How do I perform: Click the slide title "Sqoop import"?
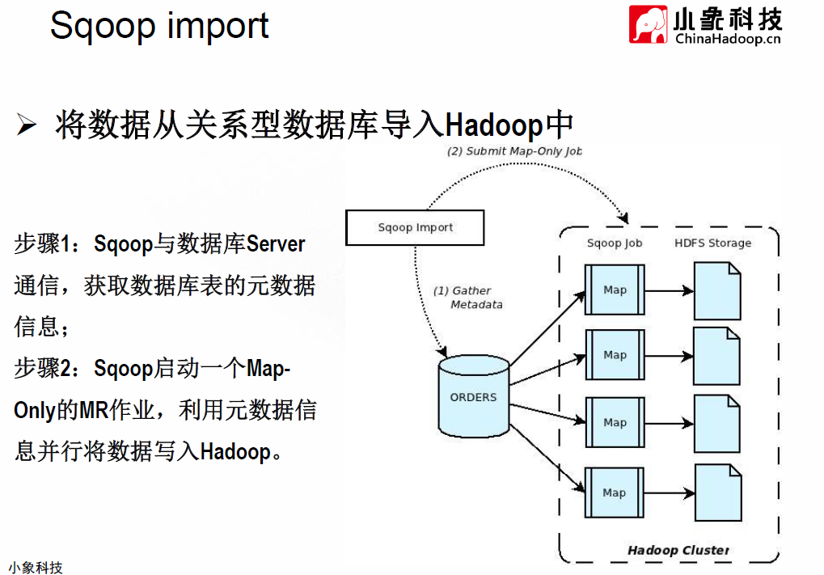pyautogui.click(x=159, y=26)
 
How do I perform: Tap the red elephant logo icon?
pyautogui.click(x=648, y=24)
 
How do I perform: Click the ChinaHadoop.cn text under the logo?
pyautogui.click(x=728, y=39)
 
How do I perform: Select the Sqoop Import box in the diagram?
pyautogui.click(x=415, y=227)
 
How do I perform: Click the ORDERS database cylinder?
pyautogui.click(x=474, y=396)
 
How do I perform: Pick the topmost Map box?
pyautogui.click(x=615, y=290)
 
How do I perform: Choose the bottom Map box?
pyautogui.click(x=614, y=493)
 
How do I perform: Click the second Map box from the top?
pyautogui.click(x=615, y=355)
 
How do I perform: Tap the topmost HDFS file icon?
pyautogui.click(x=717, y=291)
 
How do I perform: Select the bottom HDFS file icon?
pyautogui.click(x=718, y=493)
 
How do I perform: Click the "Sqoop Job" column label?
pyautogui.click(x=615, y=243)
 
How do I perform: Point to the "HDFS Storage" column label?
pyautogui.click(x=712, y=243)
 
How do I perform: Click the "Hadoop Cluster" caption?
pyautogui.click(x=678, y=550)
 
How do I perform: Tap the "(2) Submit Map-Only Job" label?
pyautogui.click(x=514, y=151)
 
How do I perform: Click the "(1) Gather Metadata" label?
pyautogui.click(x=467, y=298)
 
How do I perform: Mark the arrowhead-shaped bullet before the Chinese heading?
pyautogui.click(x=26, y=125)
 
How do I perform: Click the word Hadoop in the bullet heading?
pyautogui.click(x=495, y=125)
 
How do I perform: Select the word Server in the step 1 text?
pyautogui.click(x=276, y=244)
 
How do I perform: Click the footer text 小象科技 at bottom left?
pyautogui.click(x=36, y=568)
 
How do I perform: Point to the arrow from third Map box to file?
pyautogui.click(x=669, y=423)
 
